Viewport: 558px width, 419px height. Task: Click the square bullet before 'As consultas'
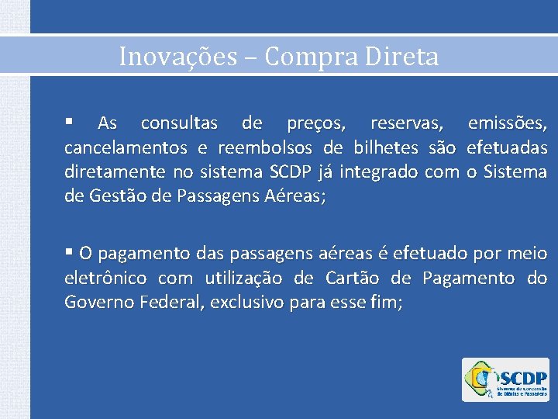tap(69, 122)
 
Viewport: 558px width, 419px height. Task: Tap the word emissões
tap(508, 123)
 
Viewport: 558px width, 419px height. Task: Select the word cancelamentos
tap(126, 147)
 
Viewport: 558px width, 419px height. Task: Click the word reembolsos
tap(266, 147)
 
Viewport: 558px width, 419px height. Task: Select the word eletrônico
tap(107, 278)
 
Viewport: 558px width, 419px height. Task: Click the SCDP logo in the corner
tap(505, 379)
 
